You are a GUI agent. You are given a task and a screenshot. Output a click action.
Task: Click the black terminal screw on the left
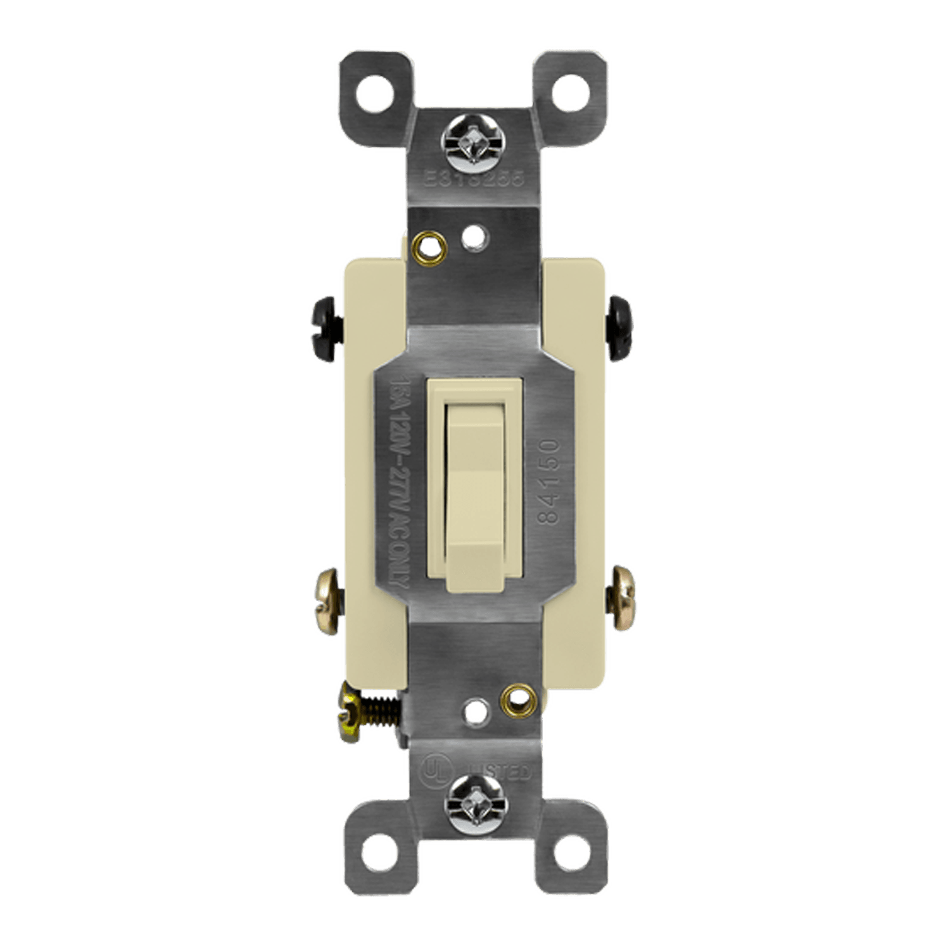click(328, 326)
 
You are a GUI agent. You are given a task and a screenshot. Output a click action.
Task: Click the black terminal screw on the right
click(621, 326)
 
